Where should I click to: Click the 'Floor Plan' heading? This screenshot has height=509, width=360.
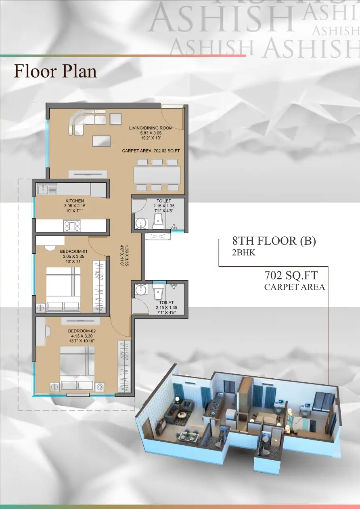coord(55,71)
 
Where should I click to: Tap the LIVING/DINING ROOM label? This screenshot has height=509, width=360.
coord(151,128)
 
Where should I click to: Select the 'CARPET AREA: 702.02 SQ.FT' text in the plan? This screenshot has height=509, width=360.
coord(151,151)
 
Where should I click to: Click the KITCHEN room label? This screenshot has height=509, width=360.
coord(75,201)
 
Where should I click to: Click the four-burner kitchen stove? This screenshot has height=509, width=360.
coord(72,226)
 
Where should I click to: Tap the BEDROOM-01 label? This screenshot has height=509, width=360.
coord(74,251)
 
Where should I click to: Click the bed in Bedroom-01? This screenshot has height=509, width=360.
coord(63,289)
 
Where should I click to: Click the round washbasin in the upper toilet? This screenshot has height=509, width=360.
coord(140,223)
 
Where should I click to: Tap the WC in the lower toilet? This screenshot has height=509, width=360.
coord(157,292)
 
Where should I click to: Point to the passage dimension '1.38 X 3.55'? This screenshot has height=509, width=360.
coord(127,255)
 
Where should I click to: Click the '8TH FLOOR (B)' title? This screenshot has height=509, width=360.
coord(274,241)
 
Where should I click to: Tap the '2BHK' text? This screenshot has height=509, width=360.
coord(244,252)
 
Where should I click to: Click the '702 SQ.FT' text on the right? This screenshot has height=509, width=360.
coord(291,275)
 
